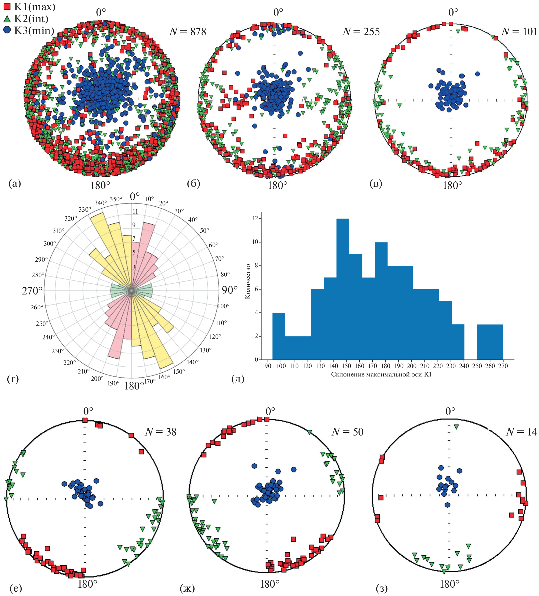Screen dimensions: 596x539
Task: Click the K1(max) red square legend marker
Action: [x=7, y=6]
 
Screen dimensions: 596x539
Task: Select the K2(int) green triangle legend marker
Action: [x=7, y=19]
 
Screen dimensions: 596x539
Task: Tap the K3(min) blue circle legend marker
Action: [x=7, y=30]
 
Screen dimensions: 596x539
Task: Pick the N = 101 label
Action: [x=519, y=32]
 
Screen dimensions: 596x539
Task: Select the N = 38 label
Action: [x=160, y=432]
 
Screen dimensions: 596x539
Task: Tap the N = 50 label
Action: [x=347, y=432]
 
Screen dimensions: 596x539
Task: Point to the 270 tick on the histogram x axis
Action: [x=503, y=366]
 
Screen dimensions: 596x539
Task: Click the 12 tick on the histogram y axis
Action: [x=255, y=218]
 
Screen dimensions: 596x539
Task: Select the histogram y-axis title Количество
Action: [x=248, y=281]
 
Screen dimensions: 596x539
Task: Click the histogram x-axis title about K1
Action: [x=381, y=375]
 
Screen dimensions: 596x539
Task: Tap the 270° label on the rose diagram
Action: [x=32, y=291]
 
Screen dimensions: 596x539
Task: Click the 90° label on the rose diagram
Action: [x=230, y=290]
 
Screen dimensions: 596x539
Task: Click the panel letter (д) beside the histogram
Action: [x=238, y=379]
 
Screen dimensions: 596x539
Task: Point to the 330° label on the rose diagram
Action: [x=85, y=209]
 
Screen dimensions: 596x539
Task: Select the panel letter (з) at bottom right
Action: [x=382, y=589]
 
